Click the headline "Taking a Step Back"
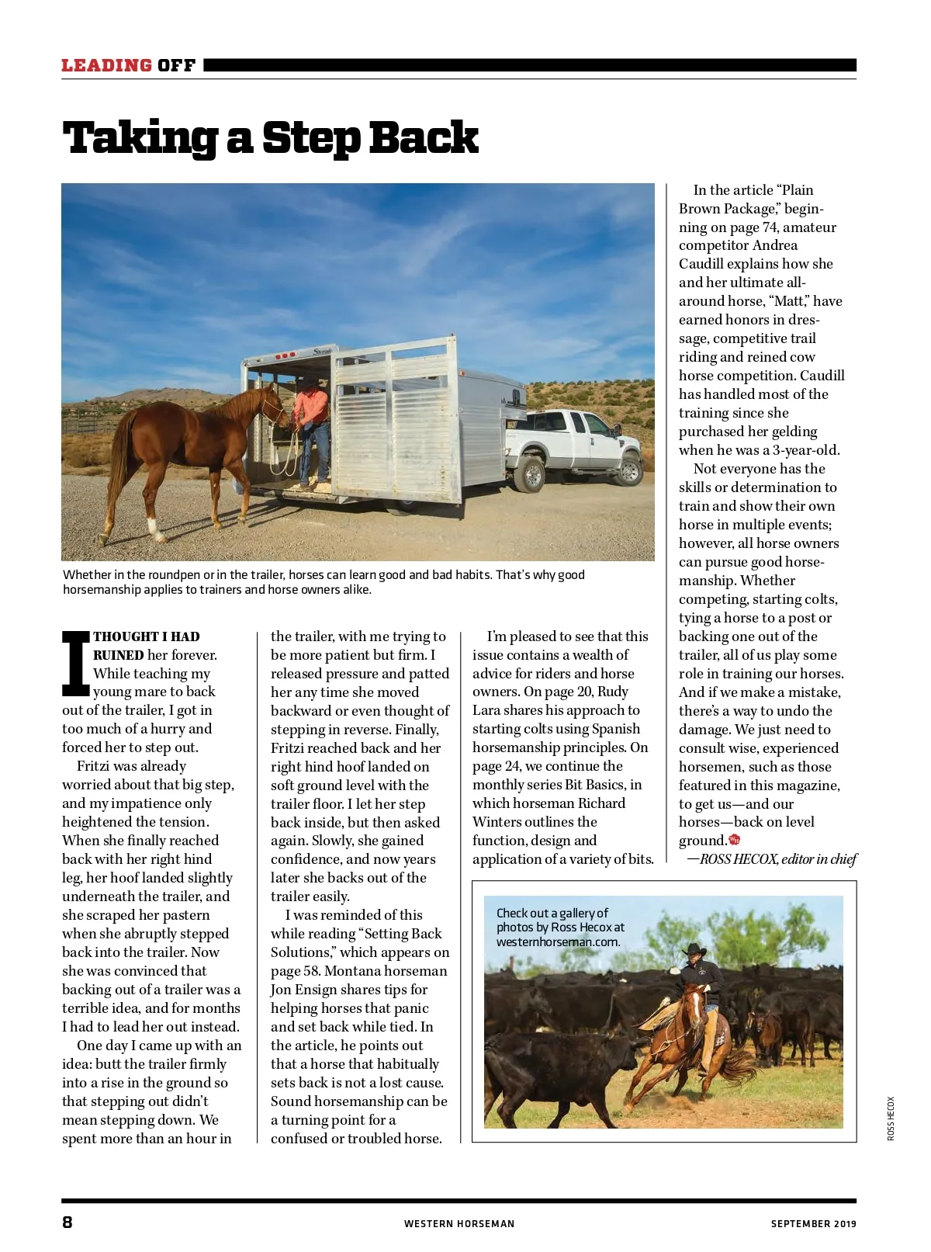click(270, 138)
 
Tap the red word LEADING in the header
click(106, 65)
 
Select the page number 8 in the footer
click(67, 1222)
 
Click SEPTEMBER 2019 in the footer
click(813, 1223)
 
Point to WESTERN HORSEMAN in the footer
click(459, 1223)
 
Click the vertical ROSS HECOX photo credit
click(891, 1118)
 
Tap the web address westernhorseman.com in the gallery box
click(558, 942)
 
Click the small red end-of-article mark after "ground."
click(735, 840)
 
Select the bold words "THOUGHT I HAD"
click(147, 636)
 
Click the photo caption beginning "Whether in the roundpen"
click(324, 582)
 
